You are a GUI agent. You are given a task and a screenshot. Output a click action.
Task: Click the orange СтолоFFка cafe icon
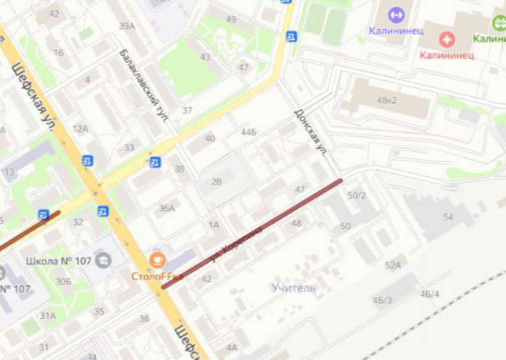coord(158,260)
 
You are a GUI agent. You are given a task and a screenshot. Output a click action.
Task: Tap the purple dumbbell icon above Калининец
coord(396,15)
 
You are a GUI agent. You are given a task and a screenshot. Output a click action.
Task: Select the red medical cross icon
coord(446,40)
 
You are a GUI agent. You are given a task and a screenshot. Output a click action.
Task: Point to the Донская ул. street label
coord(311,132)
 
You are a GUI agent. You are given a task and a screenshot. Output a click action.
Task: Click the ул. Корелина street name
coord(236,243)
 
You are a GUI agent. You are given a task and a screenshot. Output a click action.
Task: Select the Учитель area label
coord(293,288)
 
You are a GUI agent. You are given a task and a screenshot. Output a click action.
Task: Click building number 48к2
coord(386,100)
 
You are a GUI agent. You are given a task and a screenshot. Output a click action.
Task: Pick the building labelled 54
coord(448,217)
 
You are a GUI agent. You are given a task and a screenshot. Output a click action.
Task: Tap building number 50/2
coord(356,195)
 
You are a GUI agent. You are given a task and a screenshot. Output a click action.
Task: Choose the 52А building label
coord(392,265)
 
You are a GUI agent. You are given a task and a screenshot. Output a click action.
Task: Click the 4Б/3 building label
coord(382,300)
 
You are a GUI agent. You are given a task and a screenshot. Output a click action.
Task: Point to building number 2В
coord(216,181)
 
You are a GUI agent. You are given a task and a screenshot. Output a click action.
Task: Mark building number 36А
coord(167,208)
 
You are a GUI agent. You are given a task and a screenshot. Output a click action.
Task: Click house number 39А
coord(127,26)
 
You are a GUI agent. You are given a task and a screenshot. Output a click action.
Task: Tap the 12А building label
coord(80,129)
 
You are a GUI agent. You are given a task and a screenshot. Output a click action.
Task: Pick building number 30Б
coord(64,281)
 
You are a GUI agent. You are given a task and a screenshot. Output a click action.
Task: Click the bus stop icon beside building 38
coord(155,162)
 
